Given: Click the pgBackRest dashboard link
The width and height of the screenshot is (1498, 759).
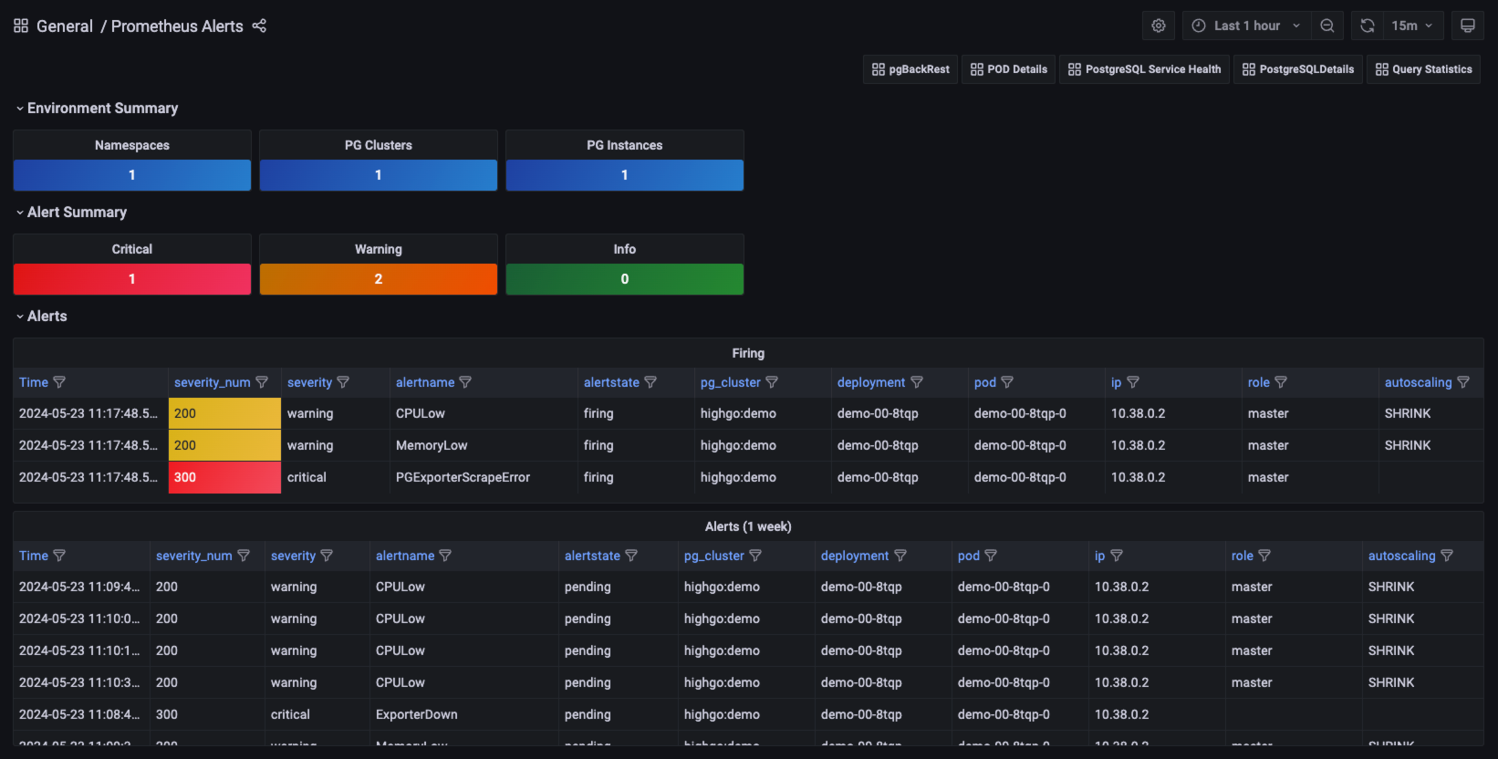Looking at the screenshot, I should tap(910, 69).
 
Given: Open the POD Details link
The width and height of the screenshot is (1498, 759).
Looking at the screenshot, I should tap(1009, 69).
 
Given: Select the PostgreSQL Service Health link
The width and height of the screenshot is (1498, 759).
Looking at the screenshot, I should tap(1145, 69).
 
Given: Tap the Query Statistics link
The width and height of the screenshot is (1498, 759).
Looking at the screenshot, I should tap(1423, 69).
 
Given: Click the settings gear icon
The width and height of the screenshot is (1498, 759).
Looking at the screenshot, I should tap(1159, 26).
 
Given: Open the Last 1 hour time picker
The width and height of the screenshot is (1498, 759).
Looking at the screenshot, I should tap(1246, 26).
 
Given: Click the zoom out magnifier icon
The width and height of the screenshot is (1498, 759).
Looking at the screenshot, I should tap(1327, 26).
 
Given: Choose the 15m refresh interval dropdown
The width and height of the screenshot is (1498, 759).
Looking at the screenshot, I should tap(1411, 26).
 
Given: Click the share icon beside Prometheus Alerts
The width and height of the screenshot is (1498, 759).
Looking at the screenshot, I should tap(259, 26).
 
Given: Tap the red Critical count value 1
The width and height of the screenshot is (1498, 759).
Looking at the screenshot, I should tap(132, 279).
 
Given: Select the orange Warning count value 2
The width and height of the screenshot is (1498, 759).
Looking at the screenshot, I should tap(379, 279).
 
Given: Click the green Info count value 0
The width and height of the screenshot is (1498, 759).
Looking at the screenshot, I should tap(625, 279).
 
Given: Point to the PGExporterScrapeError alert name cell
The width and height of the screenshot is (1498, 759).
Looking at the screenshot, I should tap(463, 477).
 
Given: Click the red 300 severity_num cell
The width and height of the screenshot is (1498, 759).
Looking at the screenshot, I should tap(224, 477).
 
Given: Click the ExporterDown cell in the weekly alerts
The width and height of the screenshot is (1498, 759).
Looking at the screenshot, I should tap(417, 714).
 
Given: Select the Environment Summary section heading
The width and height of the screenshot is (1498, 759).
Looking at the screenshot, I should tap(102, 108).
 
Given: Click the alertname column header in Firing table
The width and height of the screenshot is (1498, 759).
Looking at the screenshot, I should tap(425, 382).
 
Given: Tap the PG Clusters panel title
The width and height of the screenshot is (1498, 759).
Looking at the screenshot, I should tap(379, 145).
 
